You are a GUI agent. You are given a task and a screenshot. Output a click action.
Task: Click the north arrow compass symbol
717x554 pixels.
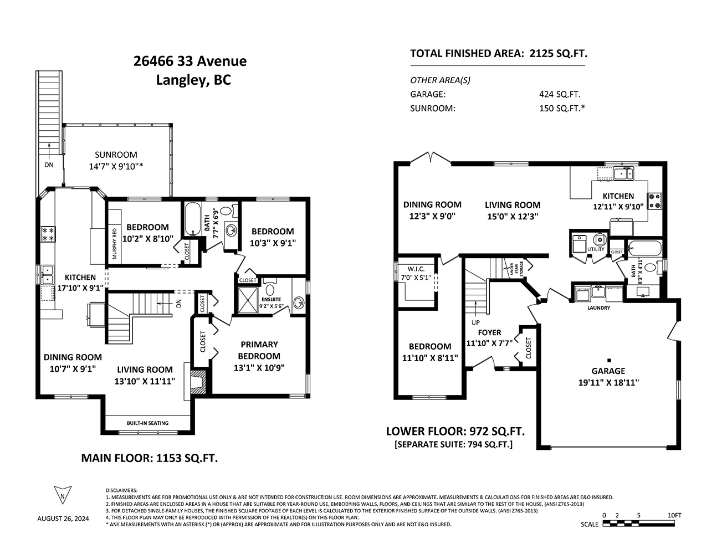click(63, 495)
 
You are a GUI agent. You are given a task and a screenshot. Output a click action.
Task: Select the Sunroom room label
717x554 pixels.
click(116, 155)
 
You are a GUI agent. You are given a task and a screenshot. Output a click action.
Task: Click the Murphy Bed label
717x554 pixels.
click(115, 244)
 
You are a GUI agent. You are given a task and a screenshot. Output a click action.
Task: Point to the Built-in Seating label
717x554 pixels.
click(147, 423)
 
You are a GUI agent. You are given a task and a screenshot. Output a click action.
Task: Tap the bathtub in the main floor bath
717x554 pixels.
click(192, 219)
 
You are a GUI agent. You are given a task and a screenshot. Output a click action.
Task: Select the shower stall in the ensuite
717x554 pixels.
click(248, 300)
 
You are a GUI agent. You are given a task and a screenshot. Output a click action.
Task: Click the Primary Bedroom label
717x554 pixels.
click(259, 350)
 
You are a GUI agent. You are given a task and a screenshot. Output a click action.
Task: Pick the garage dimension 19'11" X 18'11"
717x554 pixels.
click(608, 382)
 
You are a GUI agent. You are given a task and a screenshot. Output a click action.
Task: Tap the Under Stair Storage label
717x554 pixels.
click(516, 268)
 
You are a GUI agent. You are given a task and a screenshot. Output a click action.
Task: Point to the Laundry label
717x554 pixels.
click(598, 307)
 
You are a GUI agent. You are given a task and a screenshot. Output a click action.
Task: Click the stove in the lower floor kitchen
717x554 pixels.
click(654, 201)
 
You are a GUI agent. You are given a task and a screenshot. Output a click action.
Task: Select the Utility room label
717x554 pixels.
click(596, 249)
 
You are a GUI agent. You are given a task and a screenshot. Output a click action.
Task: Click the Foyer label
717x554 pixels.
click(489, 332)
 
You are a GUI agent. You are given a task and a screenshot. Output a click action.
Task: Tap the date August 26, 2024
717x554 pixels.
click(63, 519)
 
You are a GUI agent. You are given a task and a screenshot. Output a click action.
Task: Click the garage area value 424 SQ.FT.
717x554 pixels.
click(560, 94)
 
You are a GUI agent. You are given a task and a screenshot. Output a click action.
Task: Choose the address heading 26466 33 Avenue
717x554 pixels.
click(190, 61)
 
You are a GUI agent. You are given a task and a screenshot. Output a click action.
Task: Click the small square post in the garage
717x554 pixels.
click(609, 360)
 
